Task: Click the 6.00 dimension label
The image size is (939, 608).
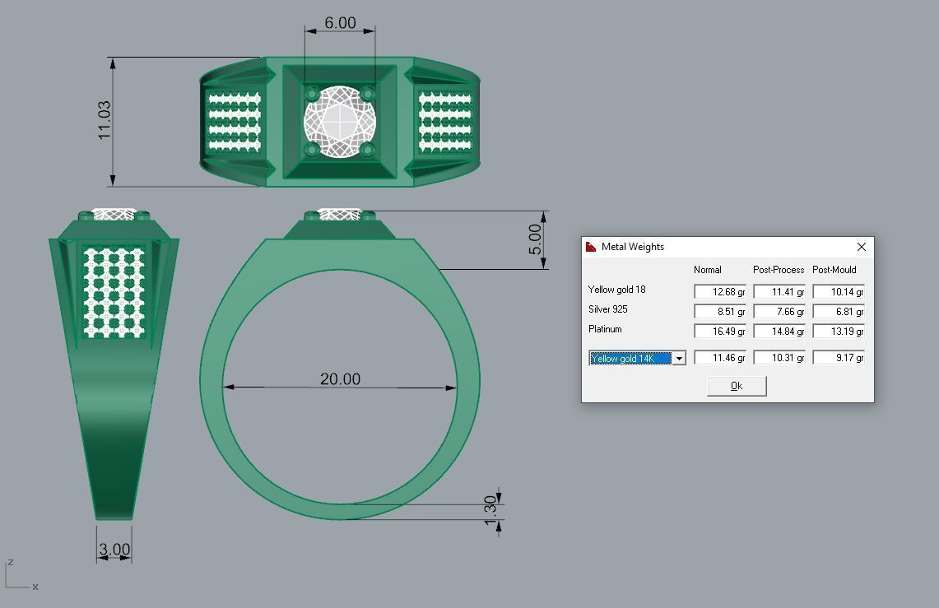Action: (340, 22)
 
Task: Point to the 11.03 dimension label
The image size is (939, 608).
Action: (105, 120)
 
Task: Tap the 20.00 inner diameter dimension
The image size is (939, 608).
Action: (340, 378)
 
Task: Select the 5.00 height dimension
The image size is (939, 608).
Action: (535, 239)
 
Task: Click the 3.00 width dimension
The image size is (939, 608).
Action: (114, 549)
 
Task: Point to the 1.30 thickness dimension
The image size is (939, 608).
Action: (490, 510)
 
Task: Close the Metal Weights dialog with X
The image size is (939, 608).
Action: (861, 247)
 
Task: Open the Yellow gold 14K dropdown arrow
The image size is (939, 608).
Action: (679, 359)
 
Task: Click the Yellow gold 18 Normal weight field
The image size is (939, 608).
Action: (719, 292)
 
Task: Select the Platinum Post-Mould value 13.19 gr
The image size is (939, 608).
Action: (838, 332)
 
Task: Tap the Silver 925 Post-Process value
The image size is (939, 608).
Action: (779, 312)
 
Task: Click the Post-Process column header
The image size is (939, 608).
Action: (778, 270)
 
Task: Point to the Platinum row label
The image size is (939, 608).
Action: (605, 329)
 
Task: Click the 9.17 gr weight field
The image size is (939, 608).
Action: (838, 358)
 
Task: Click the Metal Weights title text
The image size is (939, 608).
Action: (632, 247)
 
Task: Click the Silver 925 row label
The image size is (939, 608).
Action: (607, 309)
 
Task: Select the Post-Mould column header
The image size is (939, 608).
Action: (834, 270)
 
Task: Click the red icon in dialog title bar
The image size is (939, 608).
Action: (591, 247)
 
